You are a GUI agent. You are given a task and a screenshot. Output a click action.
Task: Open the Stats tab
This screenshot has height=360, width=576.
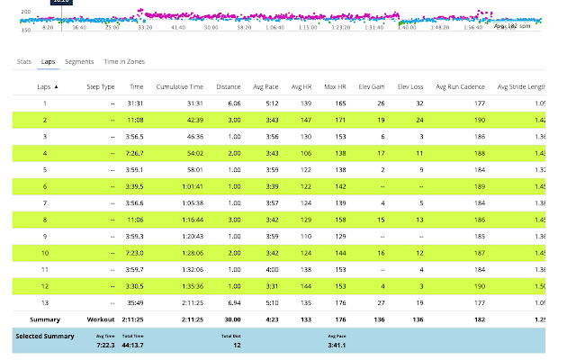24,61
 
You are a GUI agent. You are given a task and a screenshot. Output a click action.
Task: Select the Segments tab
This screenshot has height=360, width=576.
79,61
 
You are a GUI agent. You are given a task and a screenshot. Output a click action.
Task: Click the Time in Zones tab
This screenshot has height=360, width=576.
124,61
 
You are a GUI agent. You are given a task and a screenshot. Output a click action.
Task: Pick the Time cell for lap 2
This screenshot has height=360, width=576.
136,119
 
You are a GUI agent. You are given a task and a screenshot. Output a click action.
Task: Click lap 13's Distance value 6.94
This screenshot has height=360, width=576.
233,303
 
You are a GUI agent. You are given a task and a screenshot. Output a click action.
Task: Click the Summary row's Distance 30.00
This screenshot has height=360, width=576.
231,319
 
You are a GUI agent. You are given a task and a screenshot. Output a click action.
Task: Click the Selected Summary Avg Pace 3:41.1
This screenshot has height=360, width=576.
338,343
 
